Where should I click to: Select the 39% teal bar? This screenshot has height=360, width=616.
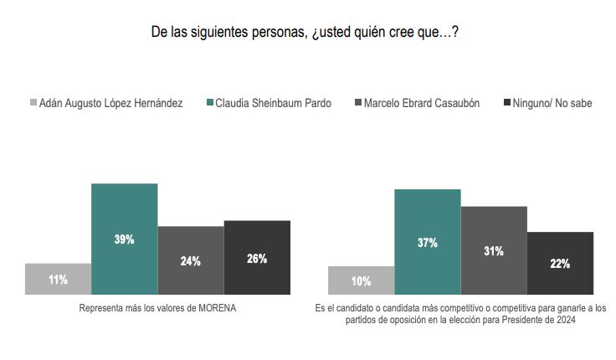click(x=124, y=218)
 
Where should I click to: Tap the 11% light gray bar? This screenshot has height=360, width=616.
click(x=58, y=279)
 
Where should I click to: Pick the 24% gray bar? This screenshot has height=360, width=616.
click(x=190, y=260)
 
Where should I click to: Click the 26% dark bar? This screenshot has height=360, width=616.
click(x=257, y=257)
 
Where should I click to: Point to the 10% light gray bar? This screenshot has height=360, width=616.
click(x=361, y=280)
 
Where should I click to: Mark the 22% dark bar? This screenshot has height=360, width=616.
click(x=560, y=263)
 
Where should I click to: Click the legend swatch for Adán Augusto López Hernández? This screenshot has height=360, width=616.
click(x=33, y=103)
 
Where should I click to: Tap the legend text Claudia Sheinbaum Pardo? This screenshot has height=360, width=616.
click(x=273, y=103)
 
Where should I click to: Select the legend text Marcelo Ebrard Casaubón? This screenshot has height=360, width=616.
click(x=422, y=103)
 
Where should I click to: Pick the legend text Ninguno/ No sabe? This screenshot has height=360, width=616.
click(x=552, y=103)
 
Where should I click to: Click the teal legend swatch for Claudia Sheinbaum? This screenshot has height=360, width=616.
click(x=210, y=103)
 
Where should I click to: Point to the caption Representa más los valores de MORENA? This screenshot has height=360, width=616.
click(x=157, y=308)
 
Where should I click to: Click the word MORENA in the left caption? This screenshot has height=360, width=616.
click(x=217, y=308)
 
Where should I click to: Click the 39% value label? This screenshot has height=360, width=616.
click(x=124, y=239)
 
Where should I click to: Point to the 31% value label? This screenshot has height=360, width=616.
click(x=494, y=251)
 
